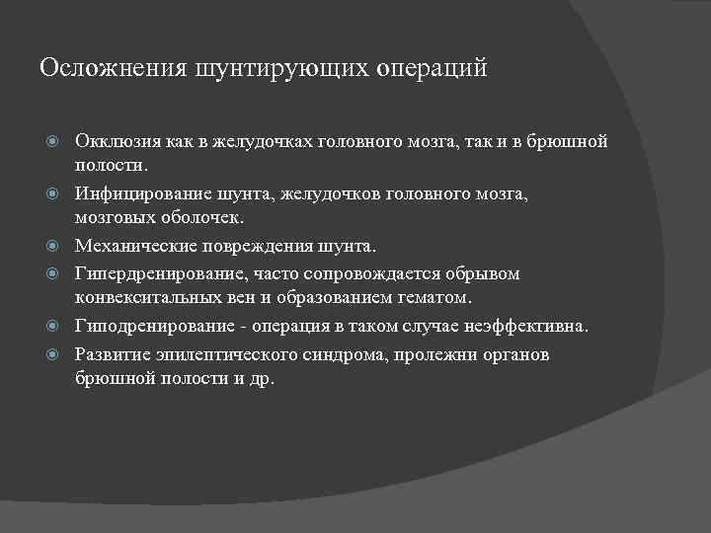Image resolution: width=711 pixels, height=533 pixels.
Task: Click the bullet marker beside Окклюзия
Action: tap(57, 142)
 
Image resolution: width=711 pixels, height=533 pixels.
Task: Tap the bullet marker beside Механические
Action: tap(57, 245)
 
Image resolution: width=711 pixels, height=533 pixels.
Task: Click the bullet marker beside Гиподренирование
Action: tap(57, 327)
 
